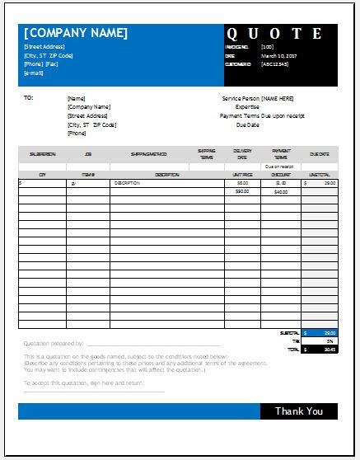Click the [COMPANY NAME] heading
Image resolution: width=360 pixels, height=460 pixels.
[76, 33]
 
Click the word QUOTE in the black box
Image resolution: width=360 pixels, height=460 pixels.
[280, 34]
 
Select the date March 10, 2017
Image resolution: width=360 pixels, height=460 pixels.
[278, 57]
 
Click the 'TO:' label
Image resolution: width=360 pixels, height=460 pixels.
[29, 97]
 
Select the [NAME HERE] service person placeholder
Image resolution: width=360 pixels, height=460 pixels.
[278, 97]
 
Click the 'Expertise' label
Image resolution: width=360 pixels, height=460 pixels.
[248, 106]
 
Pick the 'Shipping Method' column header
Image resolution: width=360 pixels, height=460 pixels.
[149, 153]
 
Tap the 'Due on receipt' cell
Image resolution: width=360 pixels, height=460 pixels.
[280, 167]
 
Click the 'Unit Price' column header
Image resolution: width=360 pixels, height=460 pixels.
[241, 175]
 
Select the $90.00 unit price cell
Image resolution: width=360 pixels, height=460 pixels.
[242, 191]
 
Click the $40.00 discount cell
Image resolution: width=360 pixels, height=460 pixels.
[280, 191]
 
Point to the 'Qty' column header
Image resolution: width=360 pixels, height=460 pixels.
[41, 175]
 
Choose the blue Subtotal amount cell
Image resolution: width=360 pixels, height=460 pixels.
[319, 333]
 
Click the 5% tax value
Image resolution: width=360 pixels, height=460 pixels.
[319, 340]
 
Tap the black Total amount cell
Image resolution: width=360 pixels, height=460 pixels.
[319, 349]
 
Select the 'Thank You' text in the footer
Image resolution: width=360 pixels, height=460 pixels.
[298, 411]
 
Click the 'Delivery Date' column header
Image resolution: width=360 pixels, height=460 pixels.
[242, 153]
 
